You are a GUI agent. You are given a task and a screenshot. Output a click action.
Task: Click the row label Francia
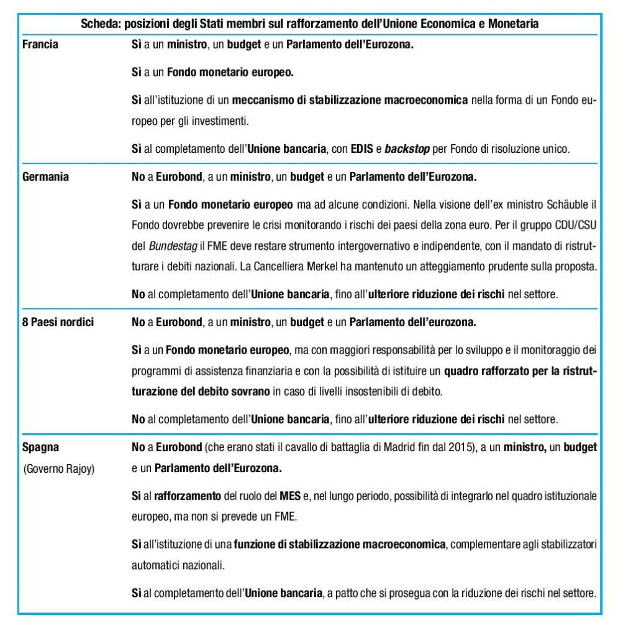click(x=40, y=45)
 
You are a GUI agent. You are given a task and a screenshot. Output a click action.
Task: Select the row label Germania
click(x=45, y=176)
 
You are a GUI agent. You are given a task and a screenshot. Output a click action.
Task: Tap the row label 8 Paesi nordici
click(x=58, y=323)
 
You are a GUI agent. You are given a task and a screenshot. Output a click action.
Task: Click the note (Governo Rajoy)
click(x=58, y=469)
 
